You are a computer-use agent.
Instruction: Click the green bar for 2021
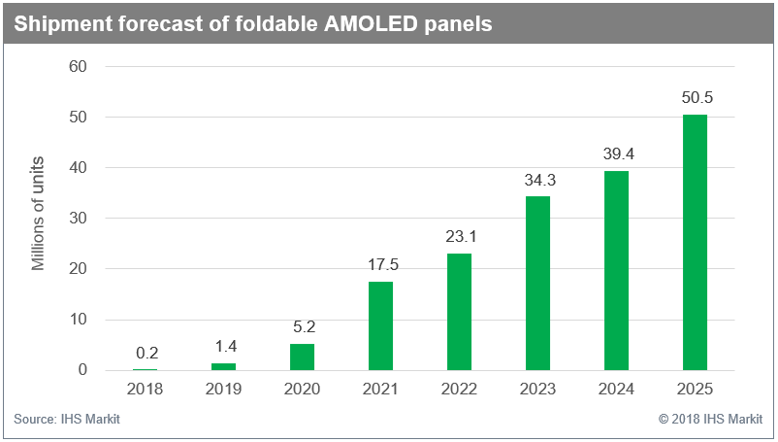click(x=380, y=325)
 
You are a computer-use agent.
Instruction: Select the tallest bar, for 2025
click(x=695, y=242)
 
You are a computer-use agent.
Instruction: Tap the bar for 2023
click(x=537, y=283)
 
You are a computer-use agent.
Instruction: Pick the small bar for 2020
click(x=302, y=357)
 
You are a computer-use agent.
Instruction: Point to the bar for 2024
click(x=616, y=271)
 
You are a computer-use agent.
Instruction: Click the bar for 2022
click(x=460, y=312)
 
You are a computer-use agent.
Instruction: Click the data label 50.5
click(x=697, y=97)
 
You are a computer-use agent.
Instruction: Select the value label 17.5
click(x=383, y=264)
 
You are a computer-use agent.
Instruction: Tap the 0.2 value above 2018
click(x=146, y=353)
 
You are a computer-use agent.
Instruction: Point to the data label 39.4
click(x=619, y=153)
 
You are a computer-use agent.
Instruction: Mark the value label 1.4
click(x=226, y=346)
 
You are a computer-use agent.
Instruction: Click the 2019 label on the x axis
click(x=223, y=389)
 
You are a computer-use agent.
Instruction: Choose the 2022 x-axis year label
click(x=459, y=389)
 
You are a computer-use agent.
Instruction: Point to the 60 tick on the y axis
click(x=78, y=66)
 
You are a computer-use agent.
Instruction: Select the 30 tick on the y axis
click(x=78, y=218)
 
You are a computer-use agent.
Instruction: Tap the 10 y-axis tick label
click(x=78, y=319)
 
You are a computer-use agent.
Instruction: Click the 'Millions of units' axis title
click(x=38, y=214)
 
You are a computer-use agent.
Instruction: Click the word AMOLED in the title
click(x=371, y=23)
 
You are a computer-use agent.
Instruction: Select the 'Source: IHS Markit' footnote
click(x=67, y=419)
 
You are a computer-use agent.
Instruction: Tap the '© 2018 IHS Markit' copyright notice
click(x=710, y=419)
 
